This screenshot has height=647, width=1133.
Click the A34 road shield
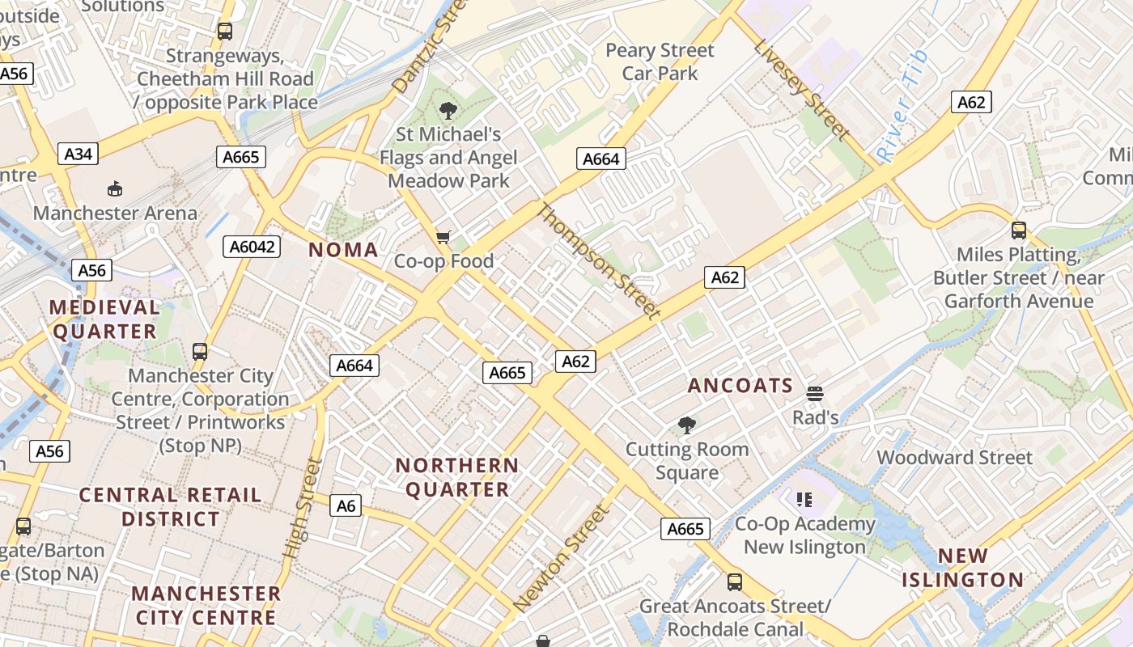[78, 154]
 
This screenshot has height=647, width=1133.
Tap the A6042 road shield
[251, 247]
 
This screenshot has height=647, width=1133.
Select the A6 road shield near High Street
[346, 506]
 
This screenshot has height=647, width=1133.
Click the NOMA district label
[343, 250]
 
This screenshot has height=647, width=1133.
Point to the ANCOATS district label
[740, 386]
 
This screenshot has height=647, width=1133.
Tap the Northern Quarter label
[457, 477]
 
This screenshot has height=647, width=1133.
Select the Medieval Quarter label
[104, 319]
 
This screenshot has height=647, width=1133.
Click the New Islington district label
[962, 568]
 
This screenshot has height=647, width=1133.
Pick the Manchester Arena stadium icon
[115, 189]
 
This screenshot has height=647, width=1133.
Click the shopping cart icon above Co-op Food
[443, 237]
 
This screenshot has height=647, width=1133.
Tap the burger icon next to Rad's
[815, 394]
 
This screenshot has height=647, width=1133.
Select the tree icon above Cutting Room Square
[687, 425]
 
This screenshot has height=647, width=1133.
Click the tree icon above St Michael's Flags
[448, 111]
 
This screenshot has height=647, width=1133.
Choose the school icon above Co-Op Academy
[804, 500]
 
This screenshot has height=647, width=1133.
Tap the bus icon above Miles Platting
[1018, 230]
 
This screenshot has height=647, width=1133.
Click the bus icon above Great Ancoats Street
[734, 581]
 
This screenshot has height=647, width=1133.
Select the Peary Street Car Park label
[660, 61]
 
